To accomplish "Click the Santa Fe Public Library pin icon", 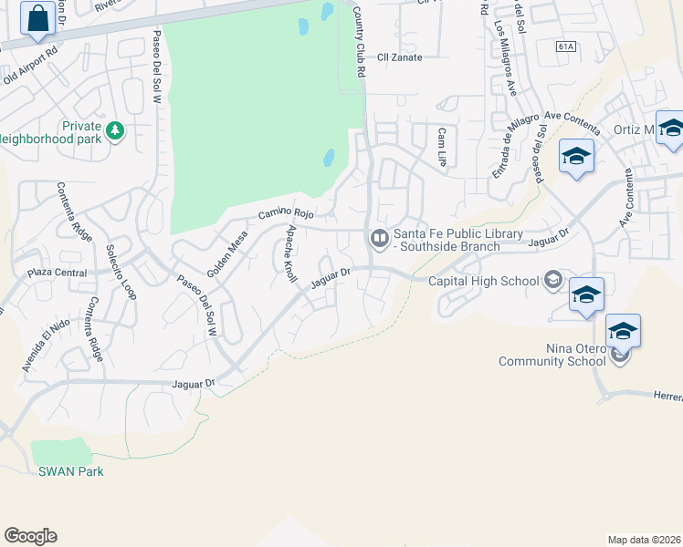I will [x=379, y=239].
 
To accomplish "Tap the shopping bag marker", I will [x=37, y=18].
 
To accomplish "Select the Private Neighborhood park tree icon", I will [x=115, y=131].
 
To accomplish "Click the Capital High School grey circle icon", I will [x=552, y=281].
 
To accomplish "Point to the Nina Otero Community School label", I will [x=552, y=355].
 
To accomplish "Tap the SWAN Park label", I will [x=70, y=471].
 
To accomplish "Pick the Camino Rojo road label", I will [x=286, y=213].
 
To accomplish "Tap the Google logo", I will [x=30, y=536].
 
